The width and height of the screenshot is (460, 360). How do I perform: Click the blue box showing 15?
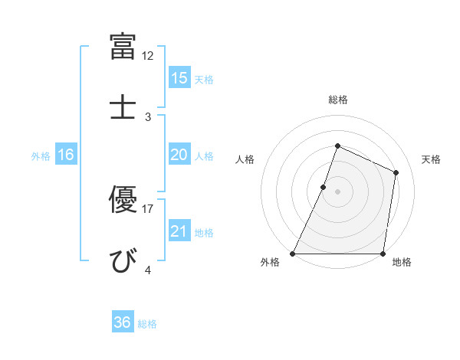tap(179, 77)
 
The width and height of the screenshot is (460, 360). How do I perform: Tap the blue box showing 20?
tap(179, 155)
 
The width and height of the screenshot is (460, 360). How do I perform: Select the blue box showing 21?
tap(179, 231)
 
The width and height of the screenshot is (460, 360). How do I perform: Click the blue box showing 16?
tap(65, 155)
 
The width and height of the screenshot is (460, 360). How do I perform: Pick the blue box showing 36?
tap(122, 322)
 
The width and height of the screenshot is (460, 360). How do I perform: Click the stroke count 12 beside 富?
tap(148, 56)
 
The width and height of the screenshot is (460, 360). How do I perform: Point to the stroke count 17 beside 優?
tap(148, 208)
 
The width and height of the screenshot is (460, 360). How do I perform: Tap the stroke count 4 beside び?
tap(148, 270)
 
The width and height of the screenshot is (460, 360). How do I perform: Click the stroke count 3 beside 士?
tap(148, 116)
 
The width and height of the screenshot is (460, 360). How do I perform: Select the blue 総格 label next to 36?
tap(147, 324)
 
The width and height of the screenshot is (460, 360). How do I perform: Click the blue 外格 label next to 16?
tap(41, 156)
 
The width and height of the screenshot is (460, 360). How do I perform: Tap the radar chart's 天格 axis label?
tap(431, 159)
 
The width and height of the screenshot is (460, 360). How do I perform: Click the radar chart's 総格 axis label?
tap(337, 100)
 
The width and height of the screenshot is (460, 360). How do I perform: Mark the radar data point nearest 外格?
tap(293, 254)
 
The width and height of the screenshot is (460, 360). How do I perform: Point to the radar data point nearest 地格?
tap(383, 254)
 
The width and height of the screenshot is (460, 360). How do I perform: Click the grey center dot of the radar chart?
tap(337, 191)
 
